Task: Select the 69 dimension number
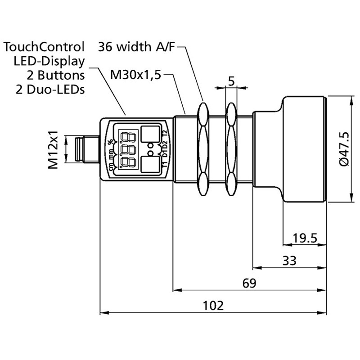pos(249,283)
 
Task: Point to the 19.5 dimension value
pos(304,238)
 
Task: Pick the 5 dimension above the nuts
pos(231,81)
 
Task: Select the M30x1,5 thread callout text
pos(135,74)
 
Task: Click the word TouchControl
pos(44,47)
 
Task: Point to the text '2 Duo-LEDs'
pos(49,89)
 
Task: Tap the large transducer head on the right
pos(304,148)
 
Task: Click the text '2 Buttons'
pos(55,75)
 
